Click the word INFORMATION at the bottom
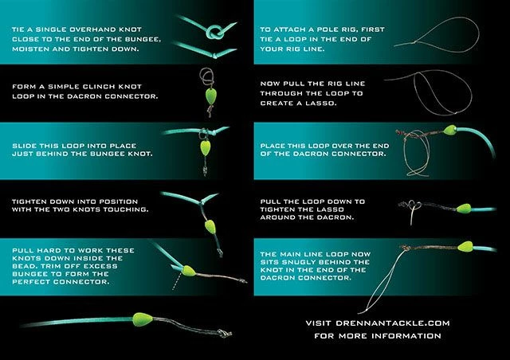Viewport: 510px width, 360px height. (409, 336)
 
